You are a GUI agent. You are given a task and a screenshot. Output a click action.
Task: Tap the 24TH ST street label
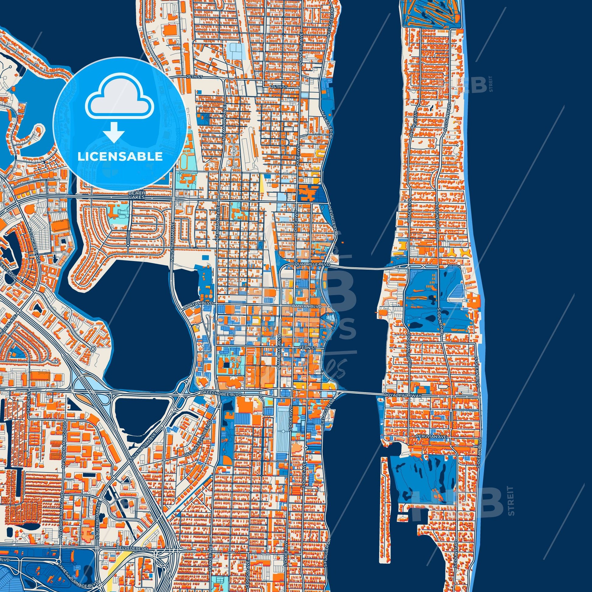278,87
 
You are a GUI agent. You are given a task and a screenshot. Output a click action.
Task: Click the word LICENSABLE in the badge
120,157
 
